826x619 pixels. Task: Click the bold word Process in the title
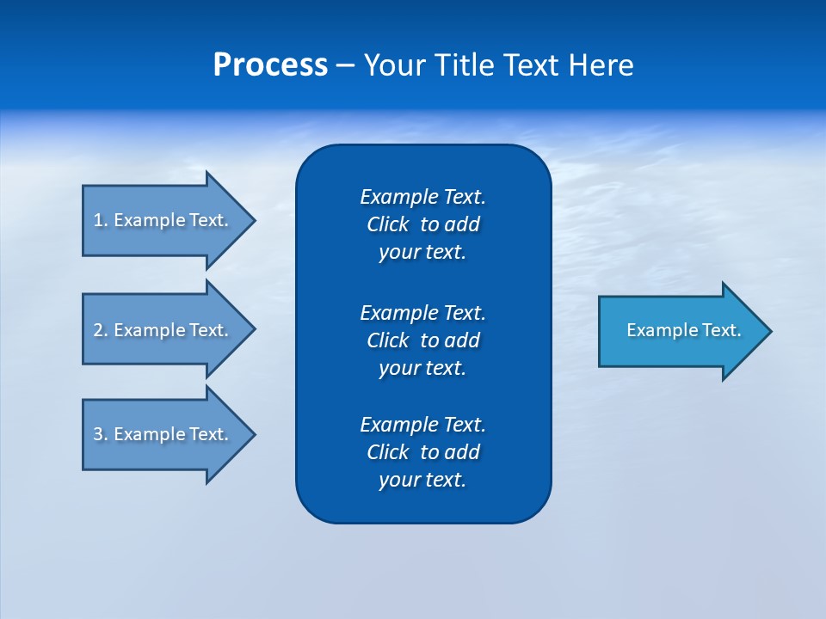click(x=270, y=65)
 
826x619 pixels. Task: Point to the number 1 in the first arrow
click(x=98, y=220)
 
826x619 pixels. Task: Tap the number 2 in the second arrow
click(x=98, y=330)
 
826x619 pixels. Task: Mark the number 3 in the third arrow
click(x=98, y=434)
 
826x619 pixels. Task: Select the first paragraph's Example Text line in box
click(x=422, y=197)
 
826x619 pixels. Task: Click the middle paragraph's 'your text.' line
click(x=422, y=368)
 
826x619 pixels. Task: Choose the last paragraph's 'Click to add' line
click(x=422, y=452)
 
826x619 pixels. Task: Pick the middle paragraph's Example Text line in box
click(x=422, y=312)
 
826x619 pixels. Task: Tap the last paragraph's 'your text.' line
click(x=422, y=480)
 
